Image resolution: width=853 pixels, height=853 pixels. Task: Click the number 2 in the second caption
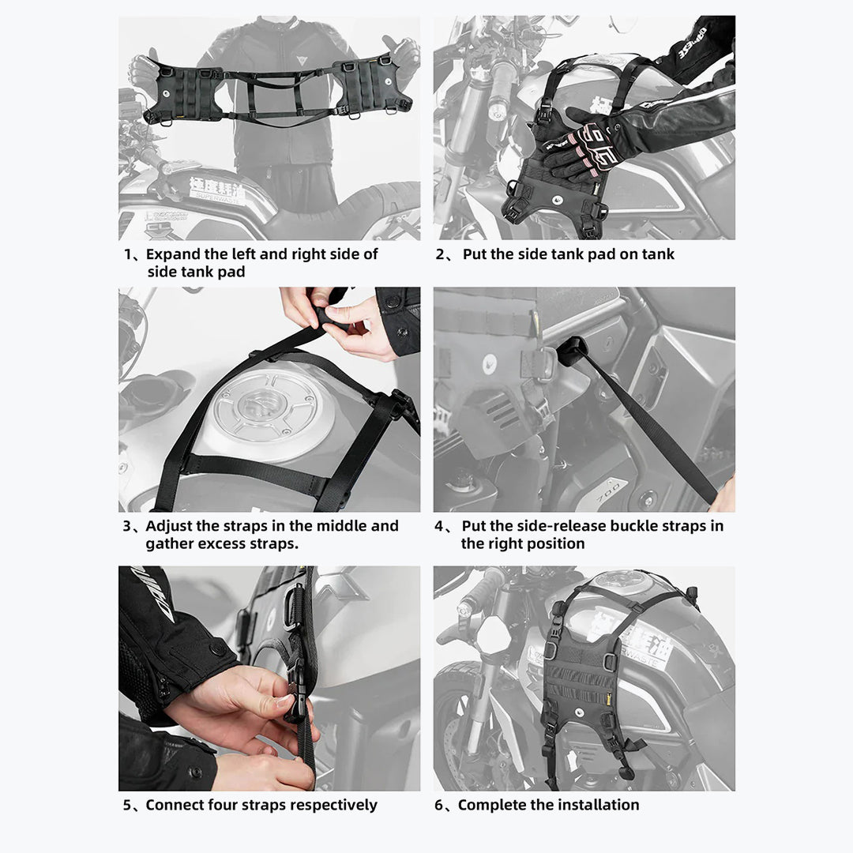[x=441, y=254]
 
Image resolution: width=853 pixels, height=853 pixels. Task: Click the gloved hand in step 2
[x=581, y=146]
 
